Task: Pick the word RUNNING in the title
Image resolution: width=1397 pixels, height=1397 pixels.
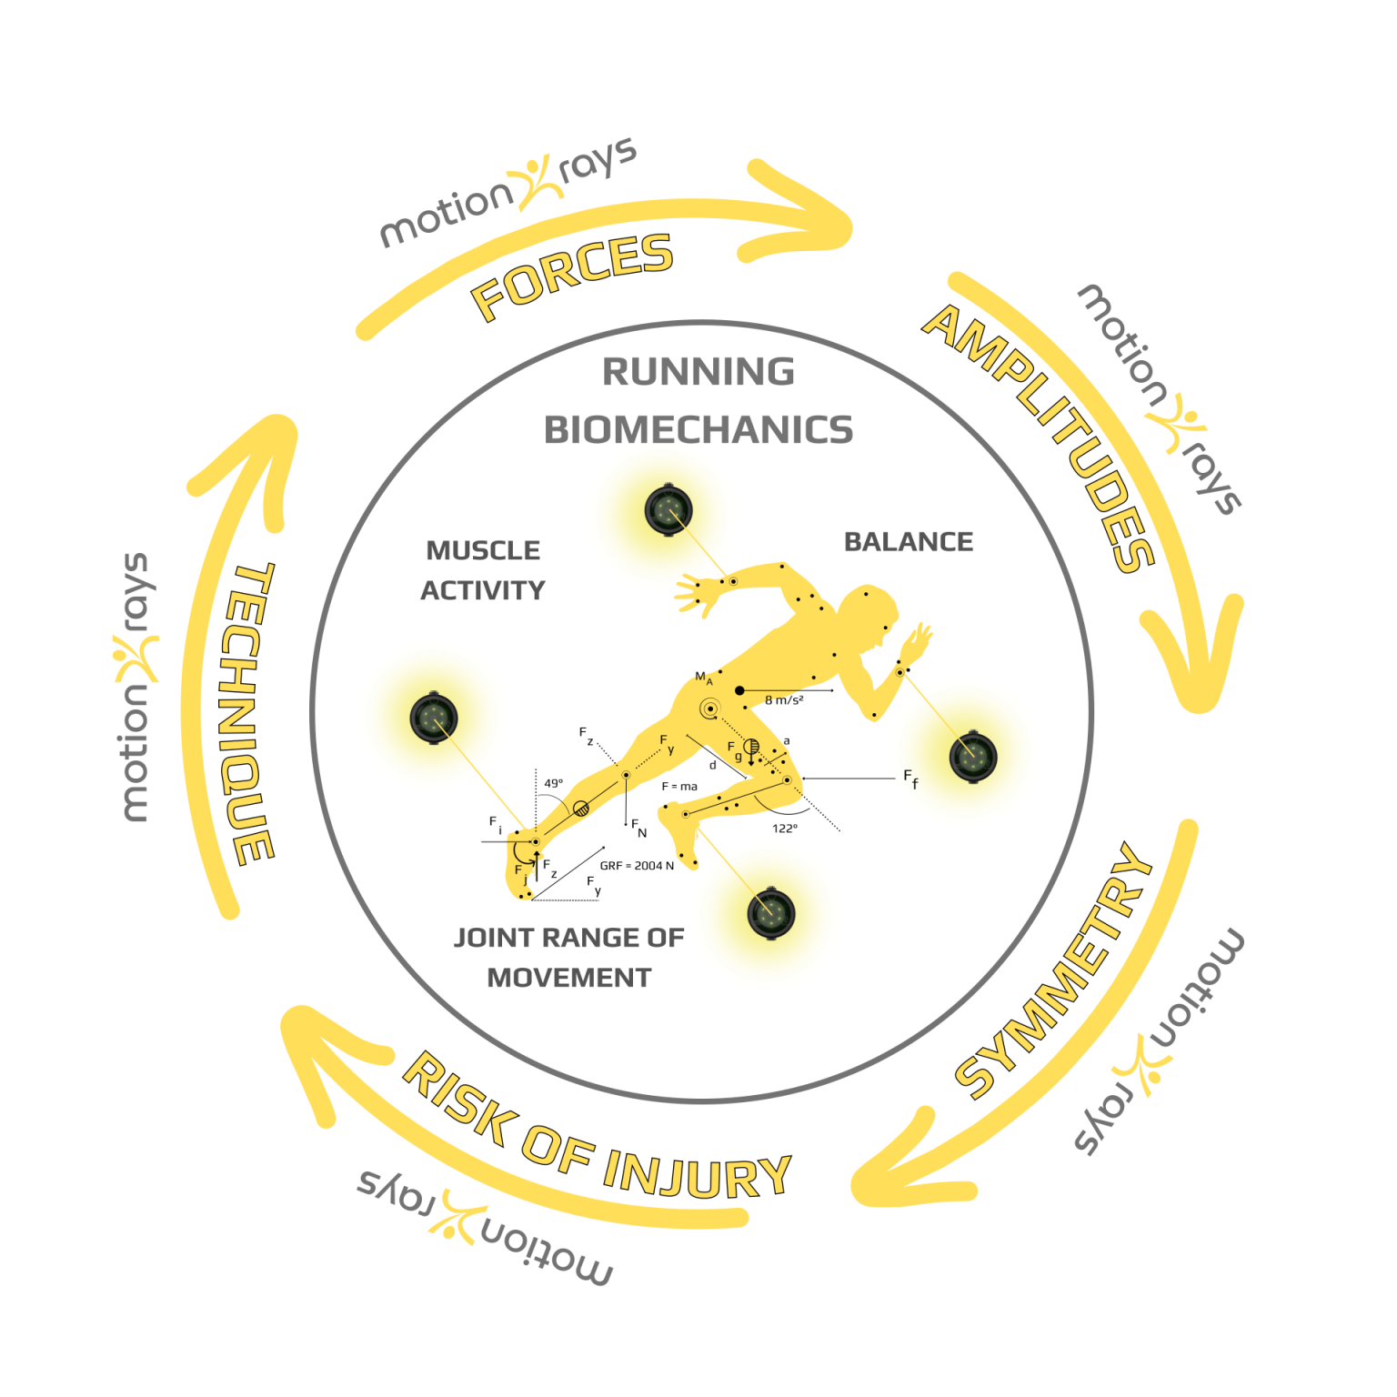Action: click(x=698, y=372)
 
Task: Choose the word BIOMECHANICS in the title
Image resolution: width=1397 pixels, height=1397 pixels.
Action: click(x=698, y=430)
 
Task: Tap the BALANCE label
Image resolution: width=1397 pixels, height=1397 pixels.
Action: click(x=909, y=542)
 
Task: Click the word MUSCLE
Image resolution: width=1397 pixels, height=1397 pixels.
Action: click(x=483, y=550)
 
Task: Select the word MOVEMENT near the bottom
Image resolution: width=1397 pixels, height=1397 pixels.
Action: click(x=569, y=978)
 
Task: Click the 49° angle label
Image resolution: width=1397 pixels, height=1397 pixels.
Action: click(x=554, y=783)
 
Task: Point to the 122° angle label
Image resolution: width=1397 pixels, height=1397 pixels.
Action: click(x=785, y=829)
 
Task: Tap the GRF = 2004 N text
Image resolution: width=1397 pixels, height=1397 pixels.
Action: click(x=637, y=866)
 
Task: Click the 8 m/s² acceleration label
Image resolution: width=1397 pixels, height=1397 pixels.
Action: click(x=784, y=700)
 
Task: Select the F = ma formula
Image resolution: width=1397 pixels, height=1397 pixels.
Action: click(x=679, y=787)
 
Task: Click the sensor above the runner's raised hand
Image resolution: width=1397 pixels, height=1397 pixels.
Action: click(x=668, y=510)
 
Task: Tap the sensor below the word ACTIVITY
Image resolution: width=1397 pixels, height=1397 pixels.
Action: click(x=434, y=718)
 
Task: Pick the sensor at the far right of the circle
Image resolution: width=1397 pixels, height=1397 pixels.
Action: click(x=973, y=756)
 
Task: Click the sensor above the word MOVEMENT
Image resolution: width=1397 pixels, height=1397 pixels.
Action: click(x=771, y=912)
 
